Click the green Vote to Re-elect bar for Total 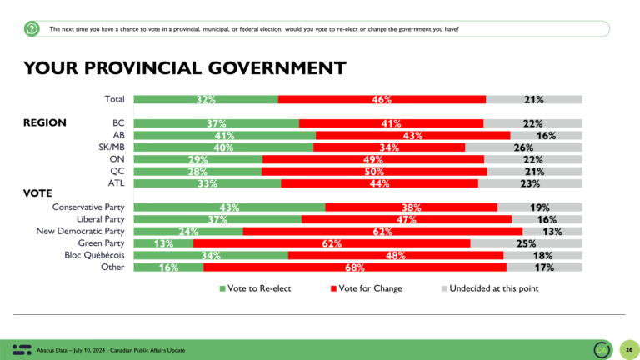point(206,100)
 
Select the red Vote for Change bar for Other point(354,267)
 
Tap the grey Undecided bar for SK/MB point(523,147)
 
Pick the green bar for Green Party point(163,243)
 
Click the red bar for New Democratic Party point(382,232)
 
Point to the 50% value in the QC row point(374,172)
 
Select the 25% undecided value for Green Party point(526,243)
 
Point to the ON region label point(116,159)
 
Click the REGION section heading point(45,122)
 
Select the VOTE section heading point(37,193)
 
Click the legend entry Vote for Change point(366,288)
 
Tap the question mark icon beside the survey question point(32,29)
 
